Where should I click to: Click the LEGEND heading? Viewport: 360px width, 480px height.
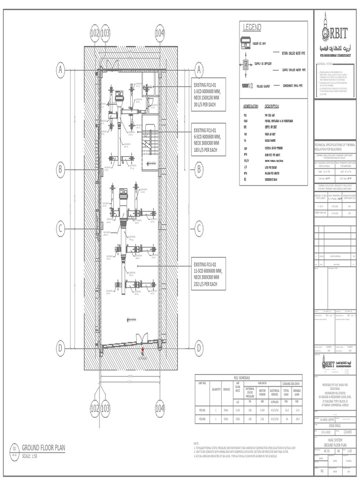(x=252, y=29)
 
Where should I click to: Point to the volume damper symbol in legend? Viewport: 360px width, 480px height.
(x=246, y=85)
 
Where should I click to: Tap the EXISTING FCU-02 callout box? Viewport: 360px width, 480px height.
(x=209, y=272)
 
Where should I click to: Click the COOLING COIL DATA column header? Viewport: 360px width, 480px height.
(x=291, y=382)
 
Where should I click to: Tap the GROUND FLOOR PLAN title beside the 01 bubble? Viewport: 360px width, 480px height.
(x=44, y=448)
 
